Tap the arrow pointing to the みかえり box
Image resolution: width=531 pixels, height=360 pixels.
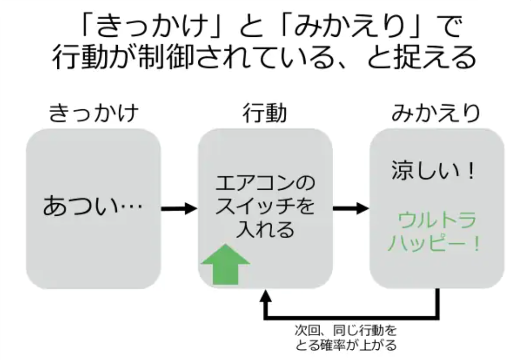[351, 208]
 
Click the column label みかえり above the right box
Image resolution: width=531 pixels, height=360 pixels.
[436, 114]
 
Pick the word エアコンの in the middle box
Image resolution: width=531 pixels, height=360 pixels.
[265, 184]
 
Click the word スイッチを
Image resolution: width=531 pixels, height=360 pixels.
[265, 207]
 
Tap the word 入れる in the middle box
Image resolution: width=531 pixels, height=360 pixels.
[265, 231]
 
